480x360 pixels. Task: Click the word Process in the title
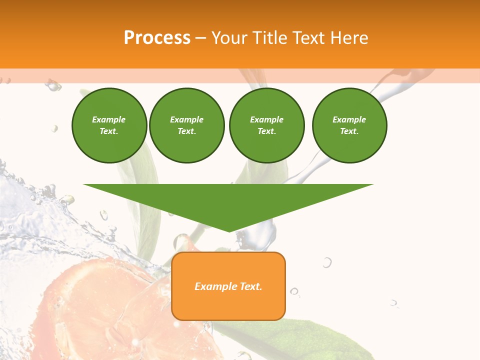157,38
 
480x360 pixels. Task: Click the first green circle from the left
109,125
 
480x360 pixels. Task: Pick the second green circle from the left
187,125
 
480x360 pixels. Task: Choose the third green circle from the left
266,125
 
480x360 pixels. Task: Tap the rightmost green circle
349,125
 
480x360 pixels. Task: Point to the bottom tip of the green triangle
229,231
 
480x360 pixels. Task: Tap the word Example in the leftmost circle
109,119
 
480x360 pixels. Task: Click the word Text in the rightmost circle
348,131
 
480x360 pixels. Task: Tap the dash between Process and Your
200,38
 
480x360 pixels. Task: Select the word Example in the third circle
266,119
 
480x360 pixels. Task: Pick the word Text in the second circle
186,131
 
